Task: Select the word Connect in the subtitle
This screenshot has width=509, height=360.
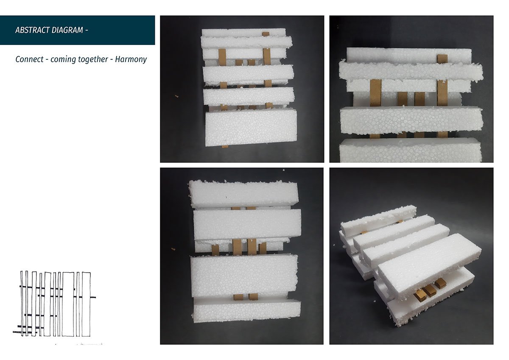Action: pos(29,59)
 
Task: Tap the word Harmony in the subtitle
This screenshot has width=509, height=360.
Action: pos(131,59)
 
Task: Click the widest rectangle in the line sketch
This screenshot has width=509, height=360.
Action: pos(68,304)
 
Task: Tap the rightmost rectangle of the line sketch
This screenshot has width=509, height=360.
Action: pos(86,304)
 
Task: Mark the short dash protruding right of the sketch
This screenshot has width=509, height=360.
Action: pos(93,297)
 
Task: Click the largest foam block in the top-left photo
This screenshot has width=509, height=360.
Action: pos(251,128)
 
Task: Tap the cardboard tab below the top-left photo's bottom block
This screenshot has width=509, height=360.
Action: pos(225,147)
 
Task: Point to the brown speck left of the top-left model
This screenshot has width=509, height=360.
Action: pos(176,96)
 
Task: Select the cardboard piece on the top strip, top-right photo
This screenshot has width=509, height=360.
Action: pos(442,59)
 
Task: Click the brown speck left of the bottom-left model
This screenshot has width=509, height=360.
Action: pos(173,249)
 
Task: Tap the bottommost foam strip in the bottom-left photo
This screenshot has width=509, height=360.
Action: pos(247,311)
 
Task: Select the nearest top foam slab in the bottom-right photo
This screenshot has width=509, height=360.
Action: pos(429,265)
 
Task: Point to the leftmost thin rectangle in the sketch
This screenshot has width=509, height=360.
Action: pos(22,303)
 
